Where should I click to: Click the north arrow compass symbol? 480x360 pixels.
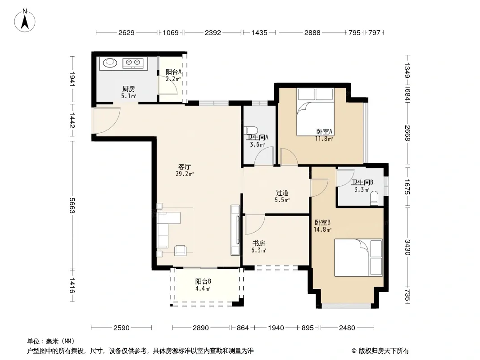coord(25,21)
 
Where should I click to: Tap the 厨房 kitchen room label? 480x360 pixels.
coord(129,89)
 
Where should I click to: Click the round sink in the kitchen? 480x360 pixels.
coord(109,63)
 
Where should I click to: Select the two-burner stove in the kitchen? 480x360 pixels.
coord(133,63)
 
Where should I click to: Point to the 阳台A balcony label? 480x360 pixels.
coord(173,72)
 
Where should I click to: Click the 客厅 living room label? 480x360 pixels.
coord(184,166)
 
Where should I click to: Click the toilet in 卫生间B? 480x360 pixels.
coord(374,198)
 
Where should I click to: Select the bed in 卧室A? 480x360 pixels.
coord(315,112)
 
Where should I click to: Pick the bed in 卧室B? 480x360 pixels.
coord(358,257)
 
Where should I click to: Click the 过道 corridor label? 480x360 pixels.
coord(282,193)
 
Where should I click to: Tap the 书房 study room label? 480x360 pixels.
coord(258,243)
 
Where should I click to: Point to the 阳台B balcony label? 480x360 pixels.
coord(203,281)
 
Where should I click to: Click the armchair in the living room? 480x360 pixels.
coord(180,251)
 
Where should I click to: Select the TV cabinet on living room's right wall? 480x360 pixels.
coord(235,230)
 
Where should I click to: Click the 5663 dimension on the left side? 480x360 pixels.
coord(72,206)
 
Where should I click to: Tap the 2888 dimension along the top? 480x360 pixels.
coord(312,32)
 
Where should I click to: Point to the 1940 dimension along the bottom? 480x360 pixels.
coord(276,328)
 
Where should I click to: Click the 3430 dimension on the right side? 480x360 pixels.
coord(408,247)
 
